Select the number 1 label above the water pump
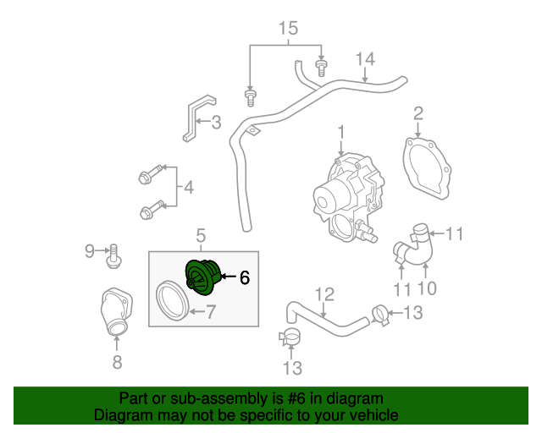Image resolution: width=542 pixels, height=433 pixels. pyautogui.click(x=341, y=133)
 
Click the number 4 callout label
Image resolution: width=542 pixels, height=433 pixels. pyautogui.click(x=188, y=186)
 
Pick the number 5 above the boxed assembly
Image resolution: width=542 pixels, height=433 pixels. pyautogui.click(x=201, y=234)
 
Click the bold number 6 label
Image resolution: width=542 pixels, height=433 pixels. pyautogui.click(x=244, y=277)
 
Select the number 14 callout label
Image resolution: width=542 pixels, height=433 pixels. pyautogui.click(x=365, y=58)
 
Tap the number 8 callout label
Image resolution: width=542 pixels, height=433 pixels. pyautogui.click(x=117, y=362)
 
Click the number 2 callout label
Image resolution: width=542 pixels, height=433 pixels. pyautogui.click(x=418, y=113)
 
